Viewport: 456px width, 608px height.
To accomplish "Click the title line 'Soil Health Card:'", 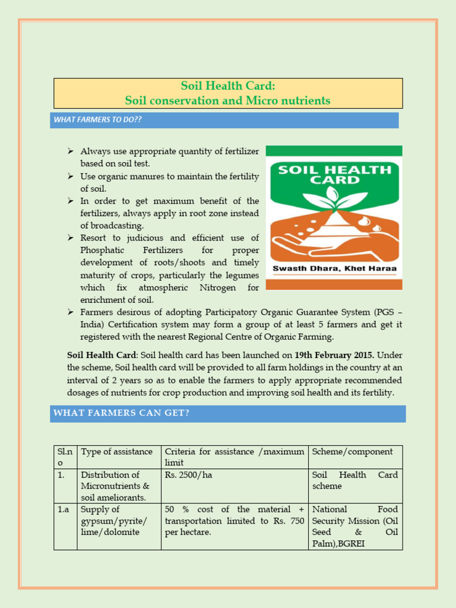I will (228, 87).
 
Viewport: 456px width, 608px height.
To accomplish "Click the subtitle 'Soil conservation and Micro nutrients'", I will (228, 101).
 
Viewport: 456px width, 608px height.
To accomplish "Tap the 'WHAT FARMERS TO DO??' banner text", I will (98, 120).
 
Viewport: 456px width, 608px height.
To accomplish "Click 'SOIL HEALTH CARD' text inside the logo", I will (335, 175).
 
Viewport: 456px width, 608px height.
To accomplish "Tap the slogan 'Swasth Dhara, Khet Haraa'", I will (334, 269).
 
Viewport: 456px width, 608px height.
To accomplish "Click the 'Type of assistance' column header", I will (116, 452).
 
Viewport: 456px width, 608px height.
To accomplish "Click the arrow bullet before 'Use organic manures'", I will (70, 176).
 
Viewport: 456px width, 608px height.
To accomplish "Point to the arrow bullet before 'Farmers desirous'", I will (70, 312).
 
